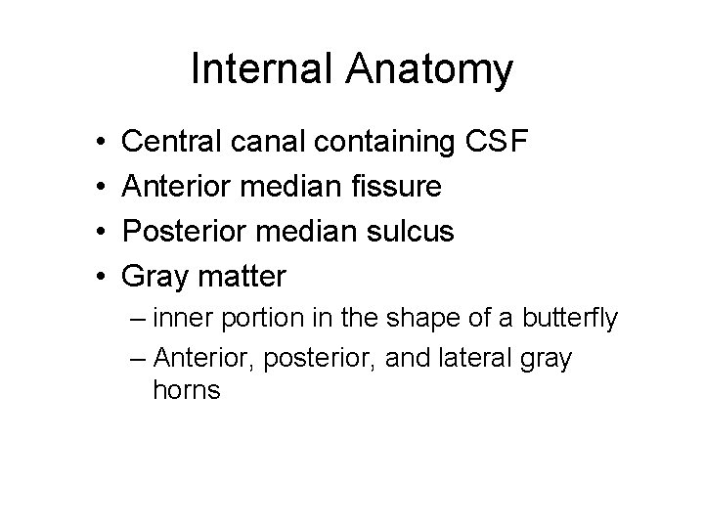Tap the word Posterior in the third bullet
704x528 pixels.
coord(185,233)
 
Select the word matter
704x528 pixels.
coord(242,278)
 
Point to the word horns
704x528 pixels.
coord(188,391)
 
